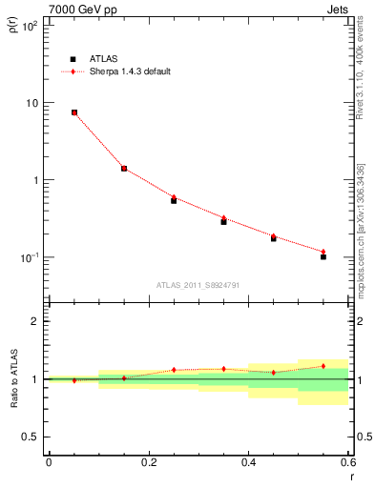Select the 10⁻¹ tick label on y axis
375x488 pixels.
[x=30, y=257]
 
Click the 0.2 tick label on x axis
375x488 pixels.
[x=148, y=463]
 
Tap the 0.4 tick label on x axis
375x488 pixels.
[x=248, y=463]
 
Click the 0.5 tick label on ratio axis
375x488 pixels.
[x=31, y=437]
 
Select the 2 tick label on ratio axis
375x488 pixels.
[x=35, y=321]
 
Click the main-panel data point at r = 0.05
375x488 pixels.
[x=73, y=112]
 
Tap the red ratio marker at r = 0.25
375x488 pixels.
[x=174, y=370]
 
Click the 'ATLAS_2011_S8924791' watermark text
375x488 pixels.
[x=198, y=284]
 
